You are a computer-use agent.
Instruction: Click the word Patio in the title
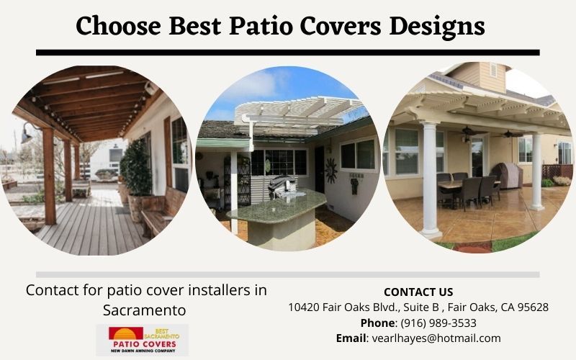point(261,26)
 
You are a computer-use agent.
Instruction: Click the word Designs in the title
point(437,27)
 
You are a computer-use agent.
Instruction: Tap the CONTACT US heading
point(418,292)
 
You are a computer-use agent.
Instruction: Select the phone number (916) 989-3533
point(438,323)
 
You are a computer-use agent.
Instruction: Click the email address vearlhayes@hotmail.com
point(436,338)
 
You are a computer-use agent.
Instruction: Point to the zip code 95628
point(533,307)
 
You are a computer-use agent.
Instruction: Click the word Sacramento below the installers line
point(145,310)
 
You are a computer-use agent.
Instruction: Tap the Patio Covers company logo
point(143,340)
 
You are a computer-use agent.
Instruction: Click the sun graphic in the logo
point(125,333)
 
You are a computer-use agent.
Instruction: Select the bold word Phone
point(377,323)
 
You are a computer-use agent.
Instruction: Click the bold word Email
point(351,338)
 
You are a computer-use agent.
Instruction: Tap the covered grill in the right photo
point(507,175)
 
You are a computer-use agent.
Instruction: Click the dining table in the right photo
point(467,184)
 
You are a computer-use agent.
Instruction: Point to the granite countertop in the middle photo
point(277,207)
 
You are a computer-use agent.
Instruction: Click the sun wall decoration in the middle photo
point(330,170)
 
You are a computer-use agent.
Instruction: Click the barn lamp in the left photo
point(27,133)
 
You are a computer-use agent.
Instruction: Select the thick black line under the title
point(287,53)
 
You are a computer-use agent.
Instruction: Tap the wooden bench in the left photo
point(161,212)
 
